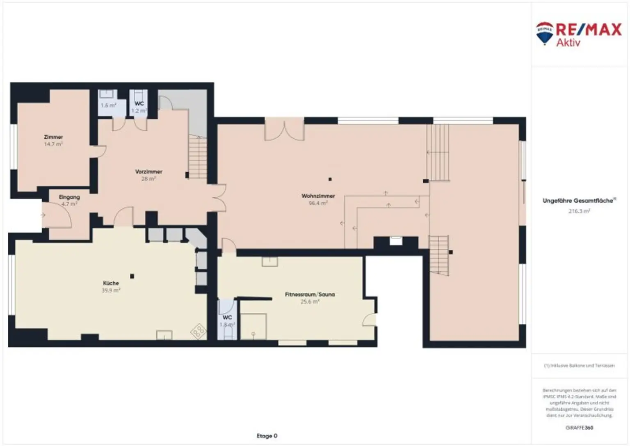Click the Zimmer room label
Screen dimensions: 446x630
[53, 137]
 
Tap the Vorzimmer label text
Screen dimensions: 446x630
[148, 172]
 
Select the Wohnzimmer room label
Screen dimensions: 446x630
[318, 196]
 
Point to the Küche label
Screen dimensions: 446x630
[111, 283]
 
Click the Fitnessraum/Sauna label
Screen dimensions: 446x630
[310, 295]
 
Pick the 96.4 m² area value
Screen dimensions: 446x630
[318, 203]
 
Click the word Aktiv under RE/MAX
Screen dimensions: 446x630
[568, 42]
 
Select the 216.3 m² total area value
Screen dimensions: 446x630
[579, 211]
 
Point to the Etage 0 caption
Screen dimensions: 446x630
[267, 436]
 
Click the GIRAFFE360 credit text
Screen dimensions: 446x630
[579, 428]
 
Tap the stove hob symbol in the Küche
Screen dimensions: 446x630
[199, 331]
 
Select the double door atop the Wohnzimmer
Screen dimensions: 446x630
[284, 130]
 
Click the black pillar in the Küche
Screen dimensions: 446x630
[132, 276]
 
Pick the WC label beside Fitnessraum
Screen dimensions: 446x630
[227, 318]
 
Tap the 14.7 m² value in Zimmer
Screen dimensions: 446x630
[53, 144]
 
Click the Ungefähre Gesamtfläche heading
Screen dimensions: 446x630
[579, 201]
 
